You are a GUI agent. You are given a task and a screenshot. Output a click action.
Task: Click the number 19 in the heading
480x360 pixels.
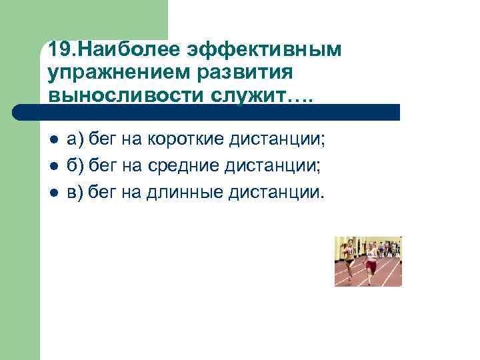click(59, 50)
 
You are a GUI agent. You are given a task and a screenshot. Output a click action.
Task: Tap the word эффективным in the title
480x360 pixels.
click(264, 50)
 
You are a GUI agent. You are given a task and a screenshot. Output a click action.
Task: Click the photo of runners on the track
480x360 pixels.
click(368, 261)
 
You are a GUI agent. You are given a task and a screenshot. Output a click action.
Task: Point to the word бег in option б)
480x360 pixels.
click(103, 167)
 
